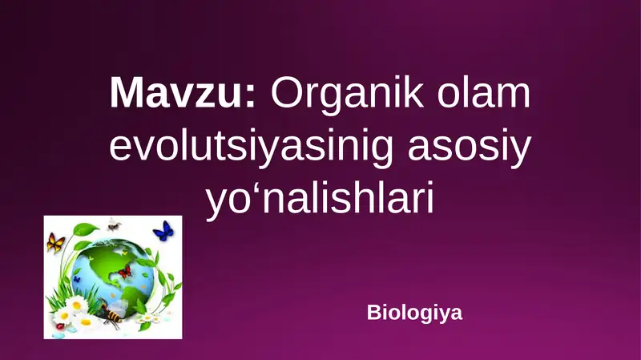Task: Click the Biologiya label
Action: [x=414, y=312]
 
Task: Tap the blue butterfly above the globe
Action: [x=163, y=232]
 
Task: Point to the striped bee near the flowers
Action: [x=111, y=318]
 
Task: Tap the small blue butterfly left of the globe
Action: [x=77, y=278]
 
